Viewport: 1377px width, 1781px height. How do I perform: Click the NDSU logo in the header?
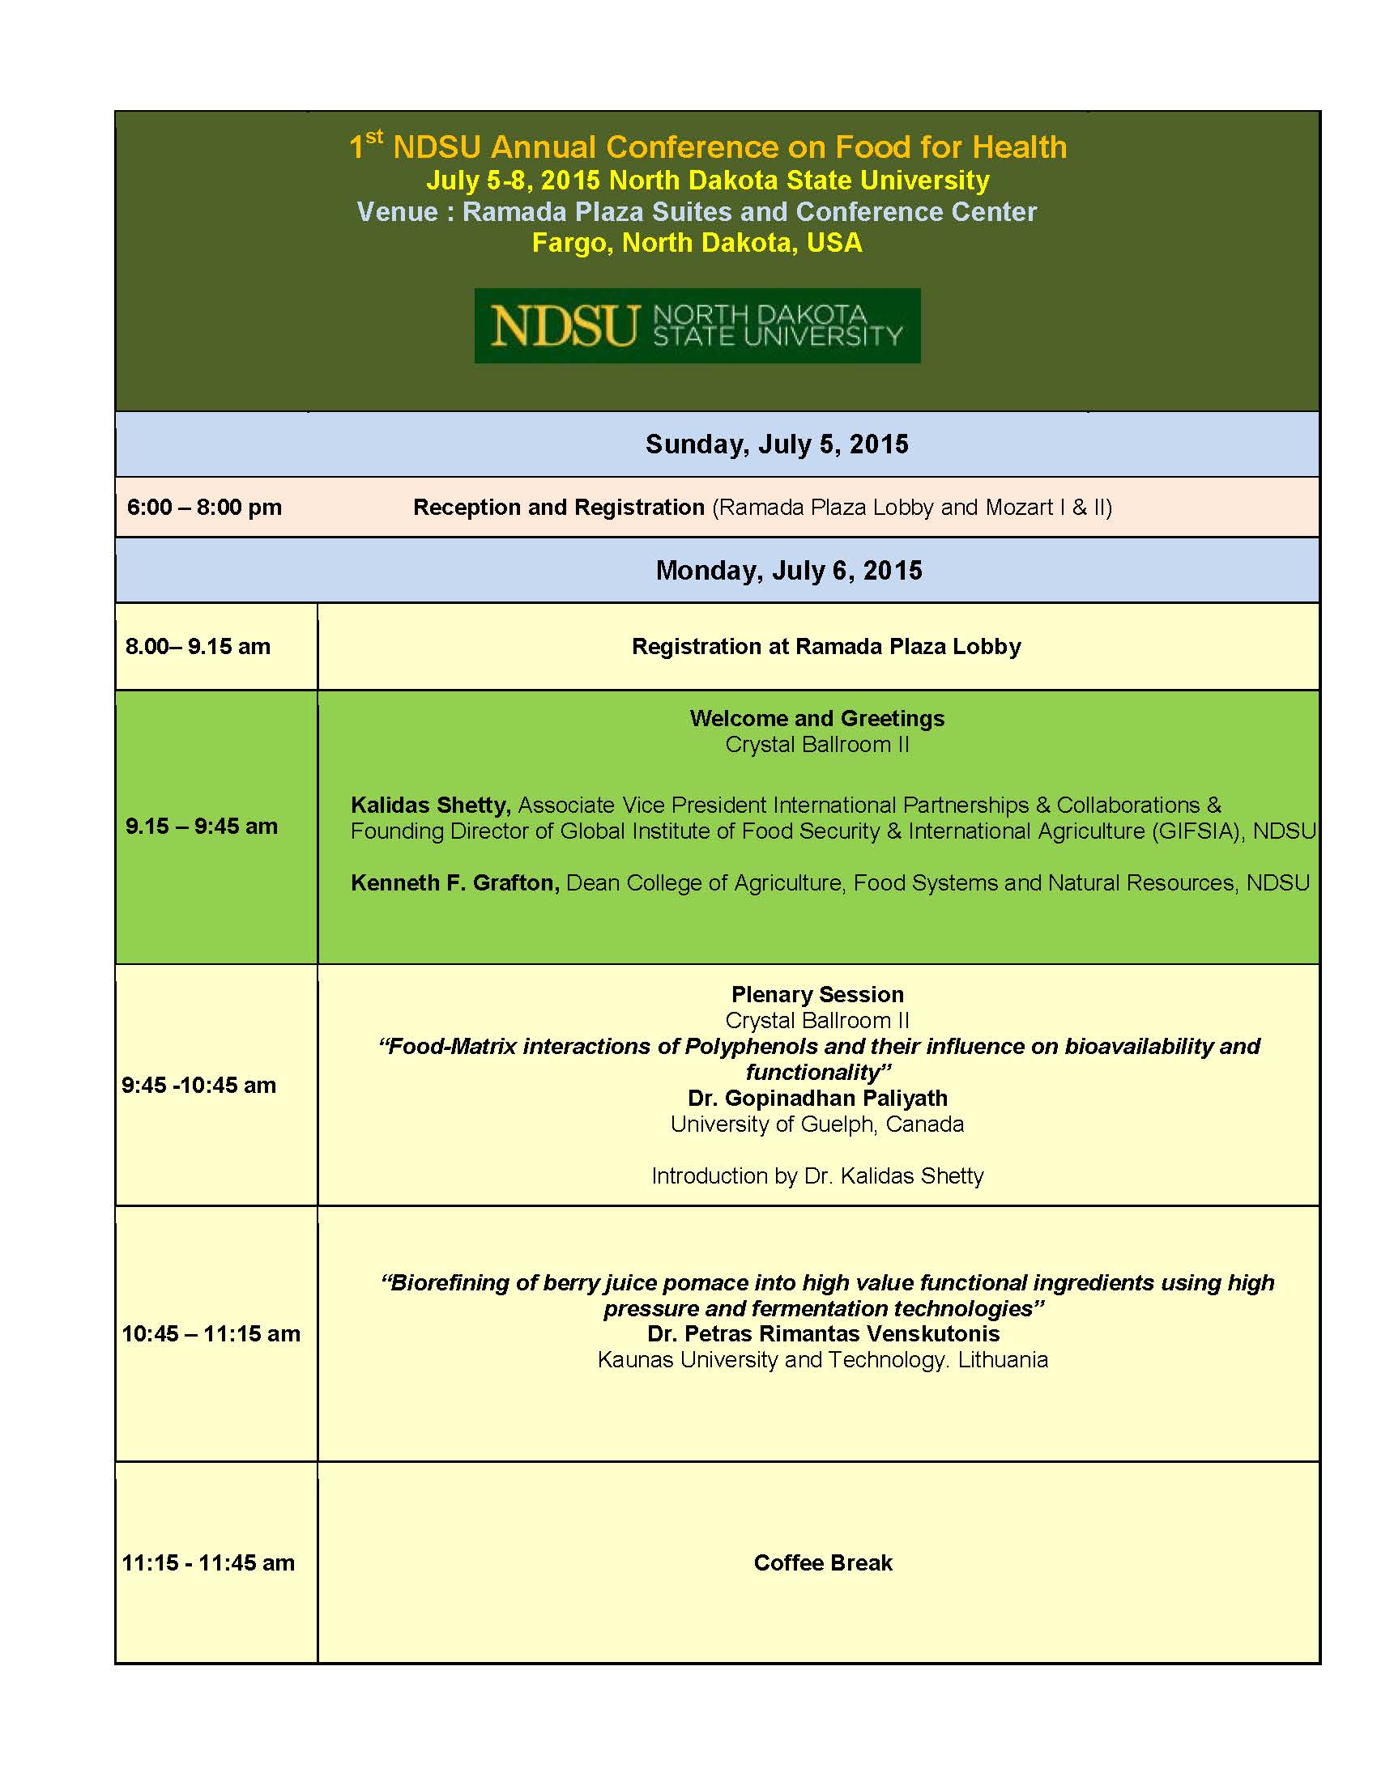click(x=697, y=325)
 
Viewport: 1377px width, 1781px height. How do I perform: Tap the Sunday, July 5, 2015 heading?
click(x=777, y=444)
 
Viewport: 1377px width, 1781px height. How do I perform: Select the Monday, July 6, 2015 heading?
click(x=789, y=570)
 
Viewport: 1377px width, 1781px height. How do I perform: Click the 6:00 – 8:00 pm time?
click(x=204, y=508)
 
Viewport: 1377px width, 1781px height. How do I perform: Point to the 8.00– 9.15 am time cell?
click(x=198, y=647)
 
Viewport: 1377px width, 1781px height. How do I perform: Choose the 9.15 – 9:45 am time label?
click(x=202, y=826)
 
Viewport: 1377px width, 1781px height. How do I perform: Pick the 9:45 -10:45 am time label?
click(x=199, y=1085)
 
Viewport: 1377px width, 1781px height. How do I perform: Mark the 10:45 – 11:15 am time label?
click(x=211, y=1333)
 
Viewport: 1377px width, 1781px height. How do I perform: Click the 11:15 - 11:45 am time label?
click(x=208, y=1562)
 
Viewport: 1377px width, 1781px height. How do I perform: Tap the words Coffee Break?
click(x=822, y=1562)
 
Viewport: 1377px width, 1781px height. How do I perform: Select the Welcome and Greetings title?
click(x=816, y=718)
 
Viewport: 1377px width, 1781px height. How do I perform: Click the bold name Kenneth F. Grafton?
click(x=454, y=883)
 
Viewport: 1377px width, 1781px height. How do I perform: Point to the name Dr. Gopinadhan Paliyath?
click(x=817, y=1099)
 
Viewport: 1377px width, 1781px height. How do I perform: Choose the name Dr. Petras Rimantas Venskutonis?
click(x=823, y=1334)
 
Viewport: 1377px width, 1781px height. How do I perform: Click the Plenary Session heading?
click(x=817, y=994)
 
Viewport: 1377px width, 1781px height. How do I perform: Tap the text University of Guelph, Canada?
click(x=816, y=1124)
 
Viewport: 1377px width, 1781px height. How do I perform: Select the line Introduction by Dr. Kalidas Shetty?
click(x=817, y=1176)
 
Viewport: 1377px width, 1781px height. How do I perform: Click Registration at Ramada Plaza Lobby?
click(x=825, y=647)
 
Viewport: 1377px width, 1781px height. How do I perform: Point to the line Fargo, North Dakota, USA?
click(x=697, y=243)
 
